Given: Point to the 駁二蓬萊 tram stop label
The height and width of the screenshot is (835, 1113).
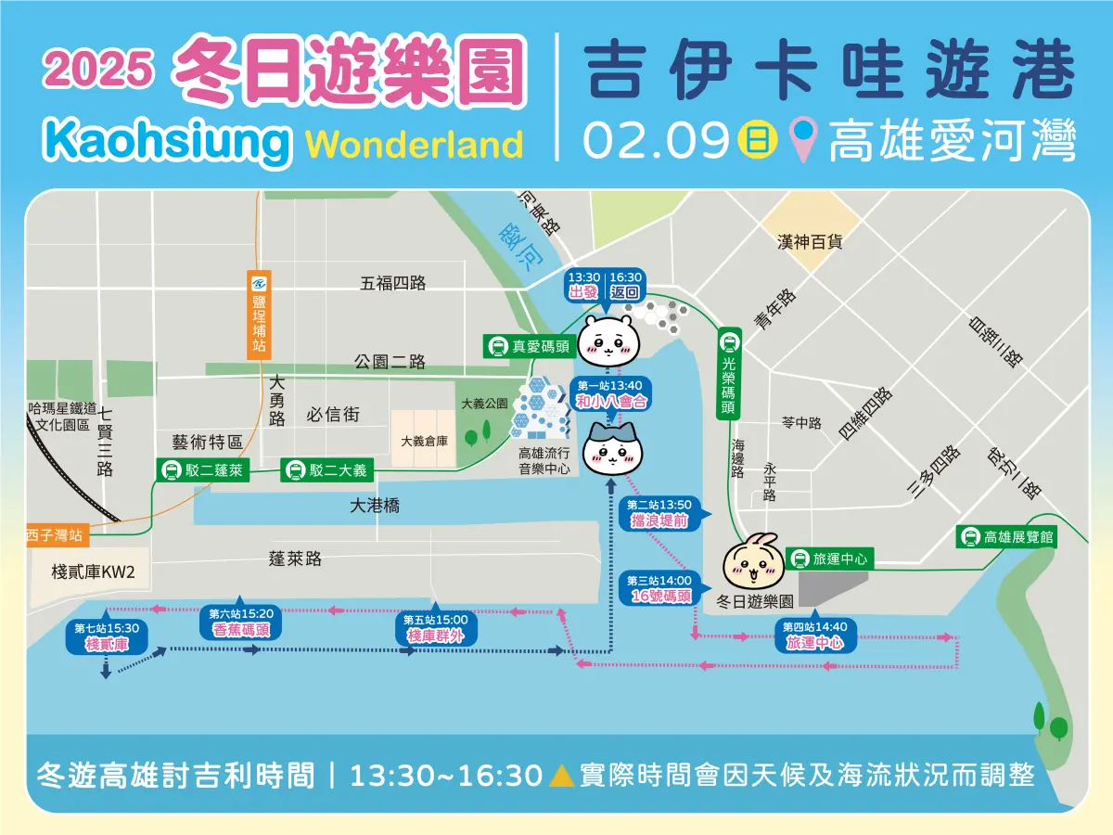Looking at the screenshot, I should click(203, 470).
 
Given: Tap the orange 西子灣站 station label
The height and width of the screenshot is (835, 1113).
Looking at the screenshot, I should click(55, 535).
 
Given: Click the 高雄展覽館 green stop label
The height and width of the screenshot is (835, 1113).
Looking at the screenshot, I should click(1009, 536).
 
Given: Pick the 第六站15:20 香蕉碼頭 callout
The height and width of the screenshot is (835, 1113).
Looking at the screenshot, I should click(240, 622).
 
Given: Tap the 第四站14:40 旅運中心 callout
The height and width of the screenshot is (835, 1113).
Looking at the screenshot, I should click(815, 634).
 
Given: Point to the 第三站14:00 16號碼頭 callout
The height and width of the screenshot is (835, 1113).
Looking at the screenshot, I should click(659, 588).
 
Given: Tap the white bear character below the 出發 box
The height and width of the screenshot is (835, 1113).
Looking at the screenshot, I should click(608, 340).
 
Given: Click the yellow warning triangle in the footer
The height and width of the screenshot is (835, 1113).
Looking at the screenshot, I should click(559, 775).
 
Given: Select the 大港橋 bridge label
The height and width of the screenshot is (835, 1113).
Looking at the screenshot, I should click(376, 506).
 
